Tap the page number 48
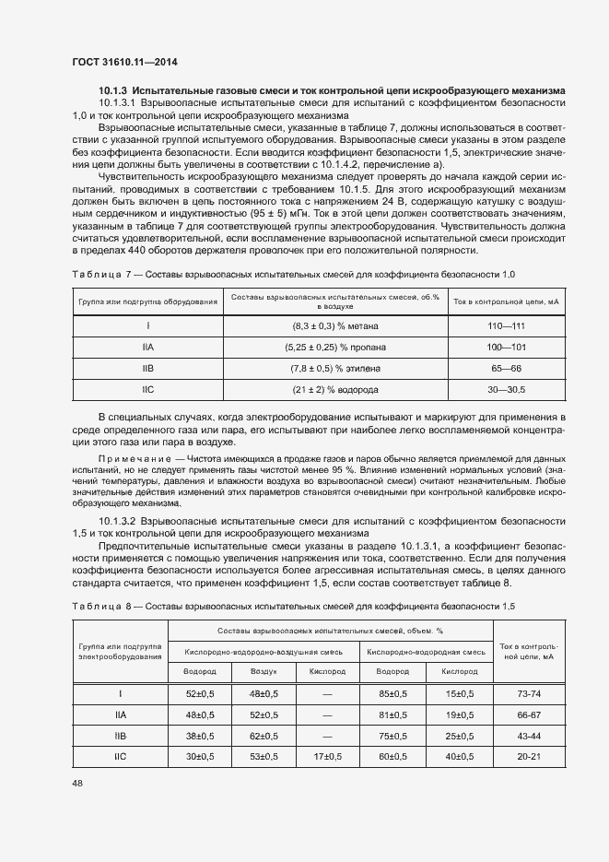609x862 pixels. (x=77, y=782)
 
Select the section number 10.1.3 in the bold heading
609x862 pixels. (x=113, y=90)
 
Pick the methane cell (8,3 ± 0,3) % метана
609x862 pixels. (x=335, y=325)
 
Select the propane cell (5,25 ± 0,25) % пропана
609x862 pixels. (x=335, y=348)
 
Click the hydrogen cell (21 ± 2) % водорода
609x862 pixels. (x=335, y=390)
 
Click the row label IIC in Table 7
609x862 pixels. (x=148, y=390)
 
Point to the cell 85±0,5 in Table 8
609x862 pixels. (x=393, y=693)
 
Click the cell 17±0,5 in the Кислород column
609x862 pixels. (x=327, y=757)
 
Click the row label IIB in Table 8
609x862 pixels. (x=121, y=736)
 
